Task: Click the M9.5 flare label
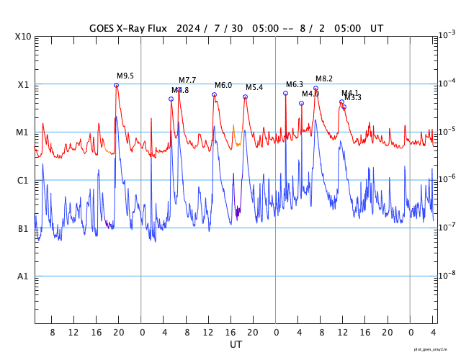(125, 76)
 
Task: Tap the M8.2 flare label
(324, 78)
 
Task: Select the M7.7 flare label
(187, 80)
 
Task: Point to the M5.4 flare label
(254, 87)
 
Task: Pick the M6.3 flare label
(295, 84)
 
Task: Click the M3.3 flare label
(354, 98)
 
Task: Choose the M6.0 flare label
(223, 85)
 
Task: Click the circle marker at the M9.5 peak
(116, 85)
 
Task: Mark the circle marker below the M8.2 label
(315, 88)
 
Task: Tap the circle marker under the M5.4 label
(245, 96)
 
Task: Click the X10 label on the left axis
(23, 37)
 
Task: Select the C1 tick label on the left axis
(23, 181)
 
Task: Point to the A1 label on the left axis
(23, 276)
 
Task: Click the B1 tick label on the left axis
(23, 229)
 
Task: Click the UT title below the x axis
(236, 345)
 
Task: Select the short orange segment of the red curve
(234, 135)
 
